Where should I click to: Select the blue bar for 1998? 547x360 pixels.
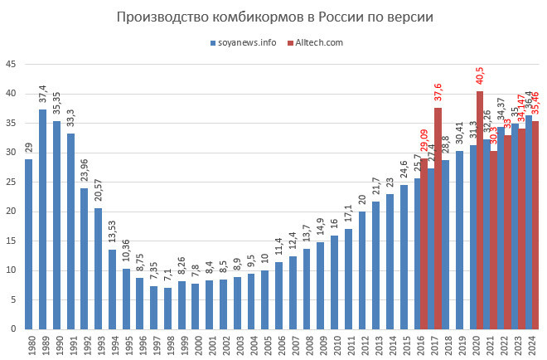point(167,308)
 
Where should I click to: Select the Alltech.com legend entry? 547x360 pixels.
point(318,42)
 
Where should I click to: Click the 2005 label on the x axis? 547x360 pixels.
point(265,343)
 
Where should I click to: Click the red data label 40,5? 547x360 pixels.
point(480,76)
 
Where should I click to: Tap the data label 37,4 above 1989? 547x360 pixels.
point(42,96)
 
